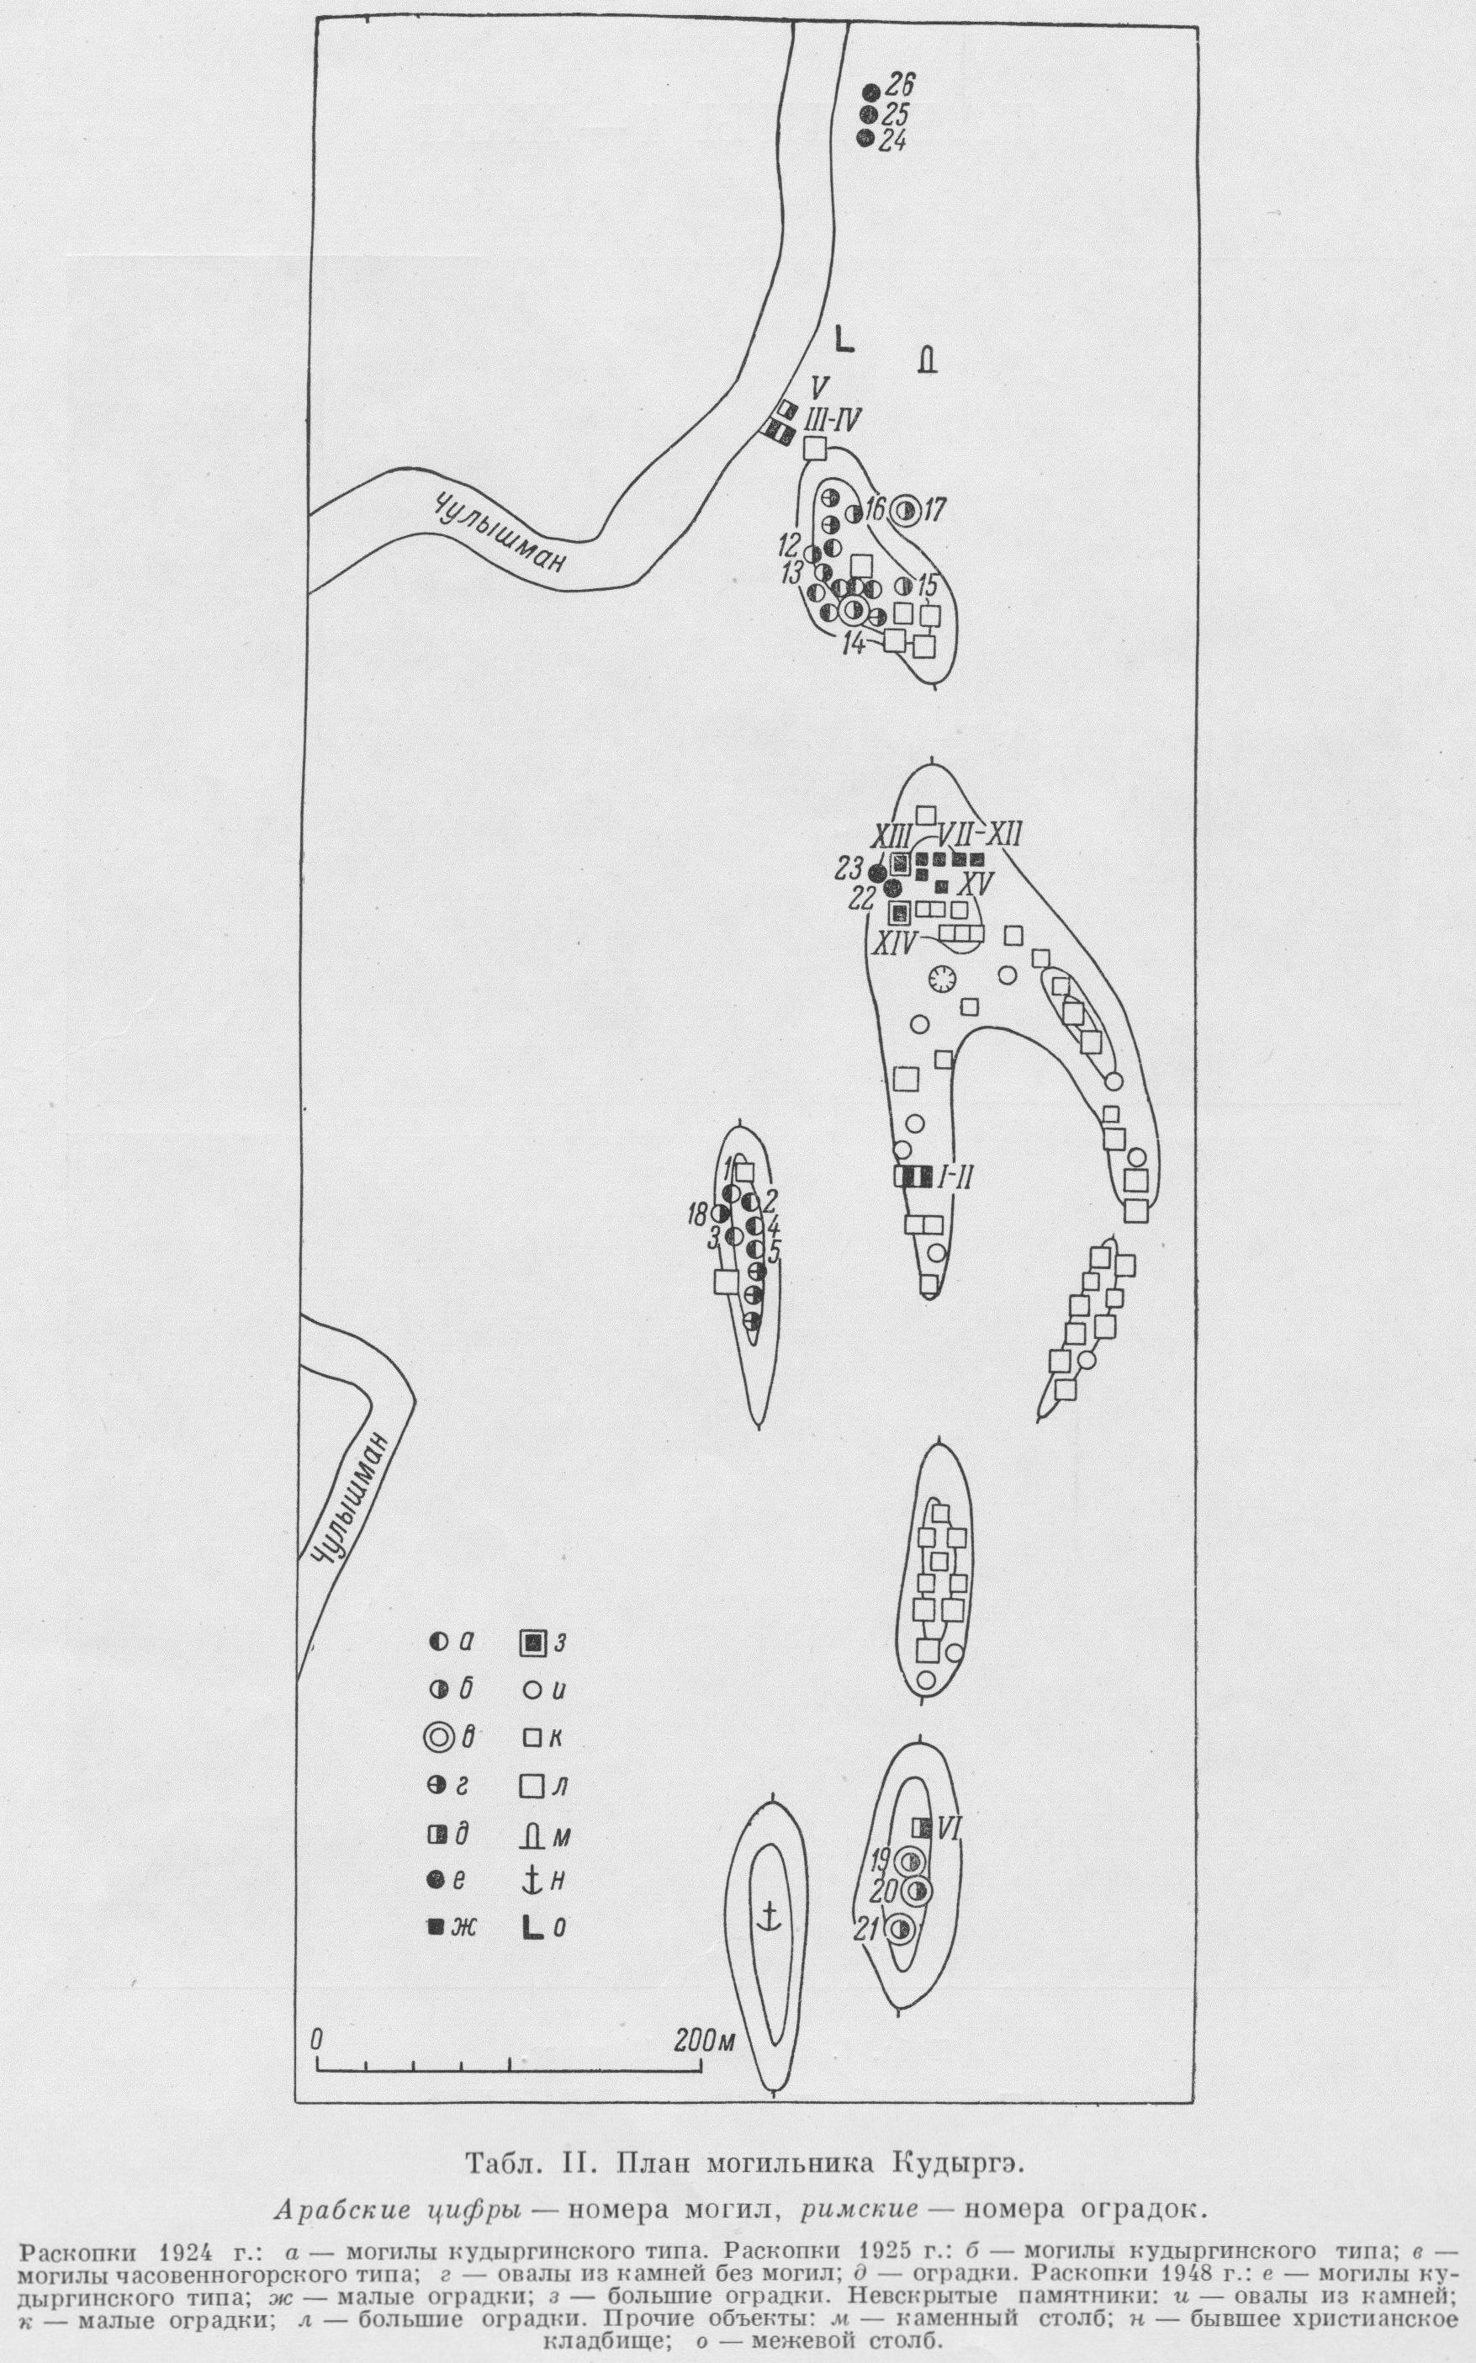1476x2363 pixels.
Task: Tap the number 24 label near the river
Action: pos(893,141)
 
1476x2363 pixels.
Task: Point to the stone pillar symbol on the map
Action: pos(927,360)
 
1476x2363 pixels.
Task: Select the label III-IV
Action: pos(832,421)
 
